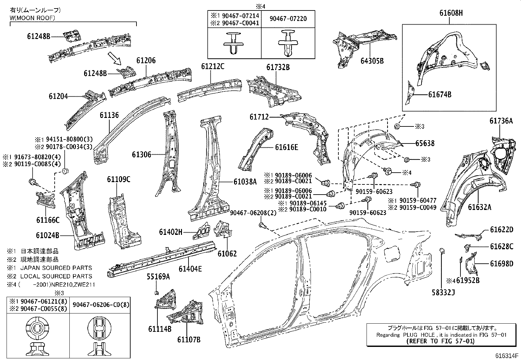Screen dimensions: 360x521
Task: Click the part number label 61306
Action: pos(141,154)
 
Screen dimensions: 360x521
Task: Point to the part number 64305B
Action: pos(372,61)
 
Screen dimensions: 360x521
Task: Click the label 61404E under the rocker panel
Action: pos(190,269)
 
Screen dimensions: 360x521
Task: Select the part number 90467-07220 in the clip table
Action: pos(288,19)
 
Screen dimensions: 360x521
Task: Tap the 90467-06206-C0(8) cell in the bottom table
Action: pos(100,305)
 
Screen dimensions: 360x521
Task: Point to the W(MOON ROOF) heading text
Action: pos(32,18)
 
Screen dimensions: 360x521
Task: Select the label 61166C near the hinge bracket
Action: pos(48,220)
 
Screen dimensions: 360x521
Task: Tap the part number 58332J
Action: pos(443,293)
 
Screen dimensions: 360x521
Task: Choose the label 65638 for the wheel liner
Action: pos(425,143)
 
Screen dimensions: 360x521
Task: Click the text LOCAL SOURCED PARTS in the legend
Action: pos(56,276)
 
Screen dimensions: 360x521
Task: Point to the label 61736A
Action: pos(501,121)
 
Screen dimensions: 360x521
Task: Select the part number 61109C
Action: pos(118,179)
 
